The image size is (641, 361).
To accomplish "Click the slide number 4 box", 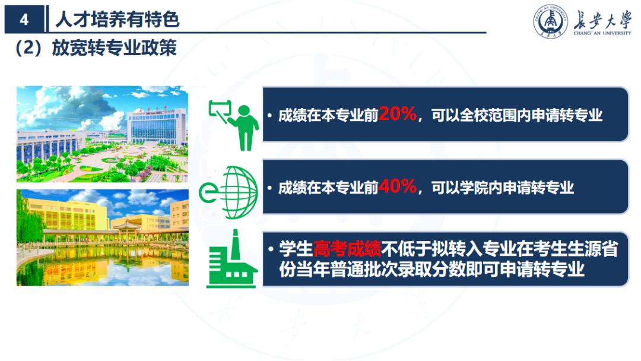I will point(24,20).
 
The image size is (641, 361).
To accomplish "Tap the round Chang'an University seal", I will point(550,22).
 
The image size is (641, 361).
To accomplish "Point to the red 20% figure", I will point(397,114).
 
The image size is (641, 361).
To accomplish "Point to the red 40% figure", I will point(397,187).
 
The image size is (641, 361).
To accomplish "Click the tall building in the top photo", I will point(156,125).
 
